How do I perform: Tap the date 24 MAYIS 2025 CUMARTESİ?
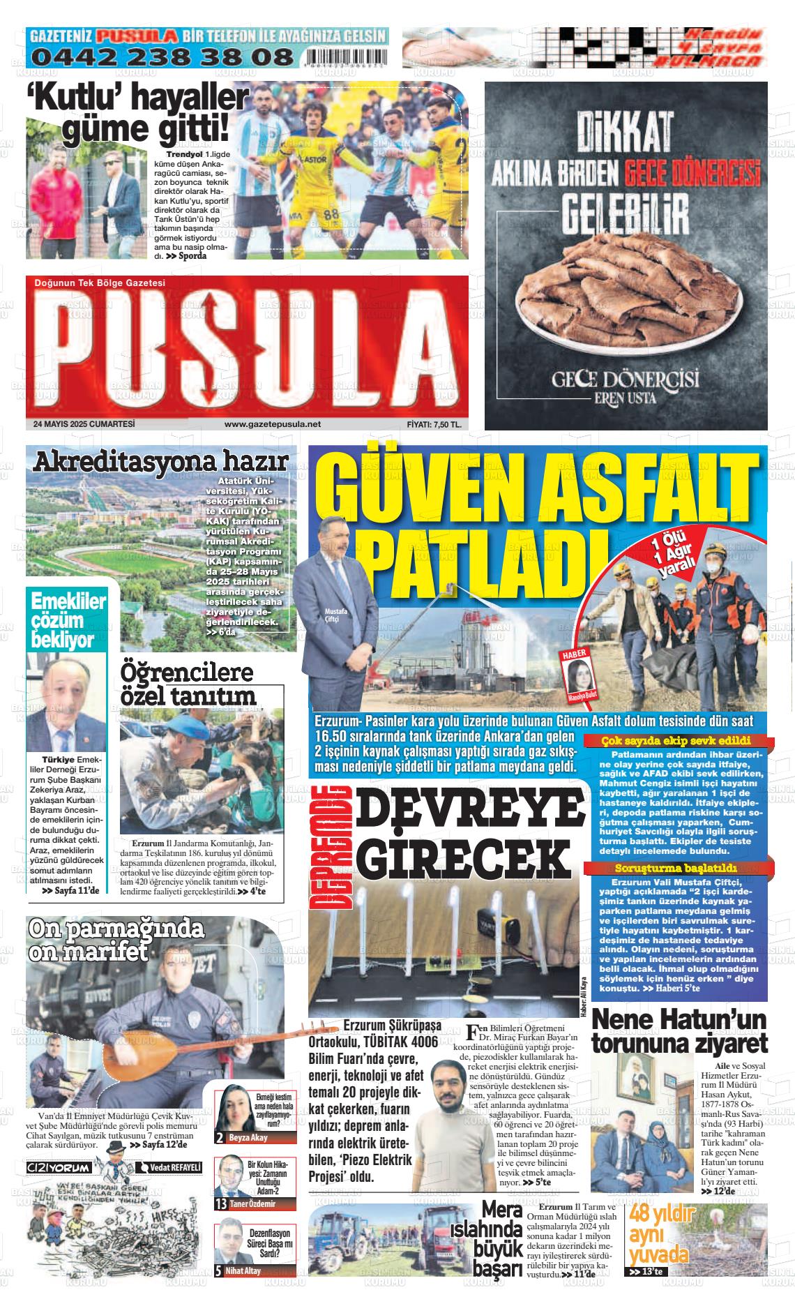84,423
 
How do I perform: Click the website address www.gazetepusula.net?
273,424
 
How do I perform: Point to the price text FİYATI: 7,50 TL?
434,424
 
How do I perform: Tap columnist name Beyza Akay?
248,1137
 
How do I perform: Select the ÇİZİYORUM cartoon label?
59,1167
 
